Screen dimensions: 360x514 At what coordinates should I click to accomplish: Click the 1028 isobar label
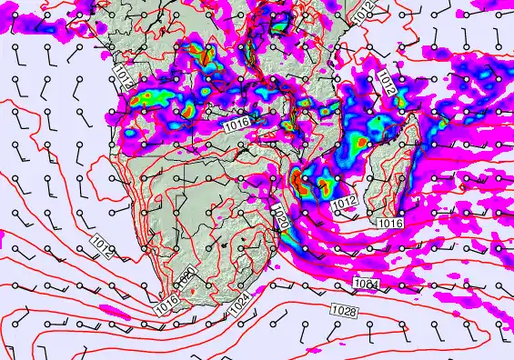pyautogui.click(x=344, y=312)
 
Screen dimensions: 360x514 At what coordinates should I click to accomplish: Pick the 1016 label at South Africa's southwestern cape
pyautogui.click(x=166, y=305)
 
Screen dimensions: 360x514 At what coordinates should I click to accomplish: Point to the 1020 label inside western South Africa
pyautogui.click(x=188, y=277)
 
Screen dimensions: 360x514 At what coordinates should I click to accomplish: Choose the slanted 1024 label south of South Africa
pyautogui.click(x=237, y=307)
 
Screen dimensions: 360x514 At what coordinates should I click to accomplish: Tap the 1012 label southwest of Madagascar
pyautogui.click(x=344, y=202)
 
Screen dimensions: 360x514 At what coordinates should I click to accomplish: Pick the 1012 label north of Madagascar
pyautogui.click(x=387, y=85)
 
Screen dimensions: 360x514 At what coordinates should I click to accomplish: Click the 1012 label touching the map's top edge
pyautogui.click(x=362, y=12)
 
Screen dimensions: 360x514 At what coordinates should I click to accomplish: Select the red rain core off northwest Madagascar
pyautogui.click(x=361, y=143)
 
